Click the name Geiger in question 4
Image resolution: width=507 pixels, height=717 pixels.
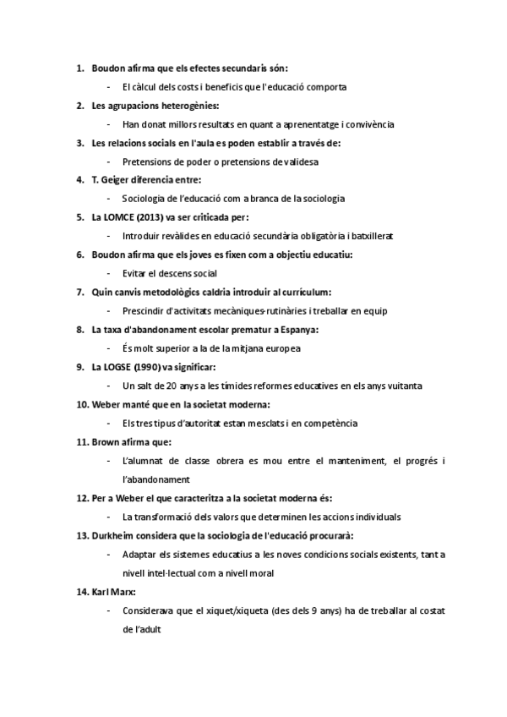coord(117,180)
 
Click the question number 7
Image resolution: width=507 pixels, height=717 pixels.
coord(79,292)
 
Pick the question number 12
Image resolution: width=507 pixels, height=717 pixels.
coord(82,498)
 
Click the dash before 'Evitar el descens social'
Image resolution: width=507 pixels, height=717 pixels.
coord(110,274)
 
